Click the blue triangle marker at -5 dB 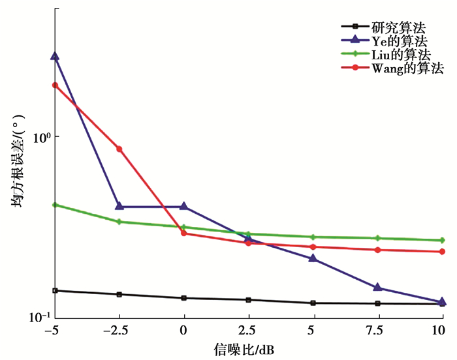(x=55, y=57)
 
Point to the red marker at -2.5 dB (x=119, y=149)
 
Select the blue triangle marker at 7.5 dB (x=377, y=287)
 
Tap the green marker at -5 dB (x=55, y=205)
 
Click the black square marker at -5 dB (x=55, y=290)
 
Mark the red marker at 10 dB (x=442, y=252)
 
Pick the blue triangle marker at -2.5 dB (x=119, y=206)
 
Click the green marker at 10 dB (x=442, y=240)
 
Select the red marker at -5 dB (x=55, y=85)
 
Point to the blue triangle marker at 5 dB (x=313, y=258)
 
